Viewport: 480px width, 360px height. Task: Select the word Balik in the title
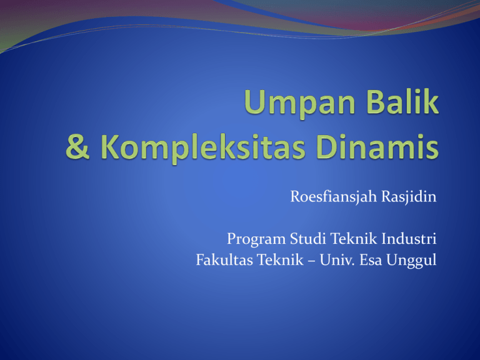pyautogui.click(x=402, y=101)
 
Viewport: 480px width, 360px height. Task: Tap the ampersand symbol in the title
pyautogui.click(x=77, y=147)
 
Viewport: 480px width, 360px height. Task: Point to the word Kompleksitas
pyautogui.click(x=203, y=149)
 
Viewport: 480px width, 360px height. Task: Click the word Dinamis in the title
pyautogui.click(x=377, y=146)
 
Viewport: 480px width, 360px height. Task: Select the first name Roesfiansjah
pyautogui.click(x=333, y=196)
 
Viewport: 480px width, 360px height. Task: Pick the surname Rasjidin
pyautogui.click(x=409, y=196)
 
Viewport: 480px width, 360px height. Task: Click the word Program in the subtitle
pyautogui.click(x=256, y=239)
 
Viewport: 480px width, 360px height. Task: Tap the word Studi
pyautogui.click(x=307, y=238)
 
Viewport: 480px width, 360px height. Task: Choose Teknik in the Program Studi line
pyautogui.click(x=354, y=238)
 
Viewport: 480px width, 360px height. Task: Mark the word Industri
pyautogui.click(x=409, y=238)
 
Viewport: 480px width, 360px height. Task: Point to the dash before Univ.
pyautogui.click(x=312, y=261)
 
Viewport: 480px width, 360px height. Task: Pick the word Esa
pyautogui.click(x=371, y=260)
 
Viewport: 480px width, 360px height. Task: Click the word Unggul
pyautogui.click(x=411, y=261)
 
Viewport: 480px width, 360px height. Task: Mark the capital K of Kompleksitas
pyautogui.click(x=111, y=147)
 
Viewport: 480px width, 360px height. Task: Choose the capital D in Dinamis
pyautogui.click(x=328, y=147)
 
